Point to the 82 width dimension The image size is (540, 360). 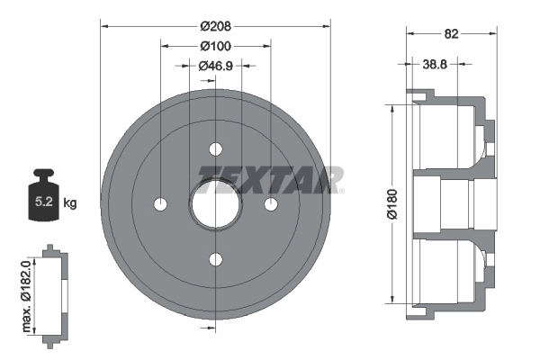coord(452,34)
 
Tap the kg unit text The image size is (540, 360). coord(70,203)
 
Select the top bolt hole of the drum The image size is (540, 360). coord(215,149)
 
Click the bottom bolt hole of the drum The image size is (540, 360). coord(215,260)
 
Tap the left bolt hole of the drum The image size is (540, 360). coord(160,205)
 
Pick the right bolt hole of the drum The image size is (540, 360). coord(270,205)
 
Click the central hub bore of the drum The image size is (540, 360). coord(215,205)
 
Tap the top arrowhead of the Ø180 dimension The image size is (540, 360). coord(393,107)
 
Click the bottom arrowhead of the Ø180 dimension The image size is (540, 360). coord(393,302)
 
